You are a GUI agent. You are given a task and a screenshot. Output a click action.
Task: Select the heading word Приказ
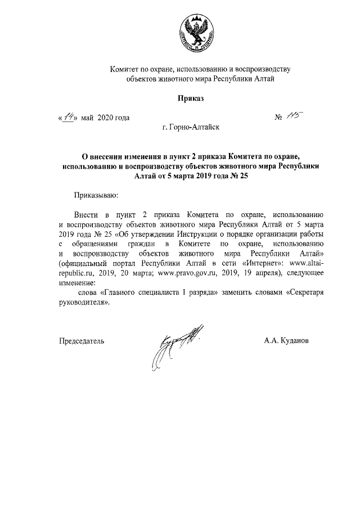click(x=190, y=98)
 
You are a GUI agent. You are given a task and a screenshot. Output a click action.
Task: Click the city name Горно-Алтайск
click(x=195, y=128)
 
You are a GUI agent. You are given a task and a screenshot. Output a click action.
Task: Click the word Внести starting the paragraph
click(x=85, y=215)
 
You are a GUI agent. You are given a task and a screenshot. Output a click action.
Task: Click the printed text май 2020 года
click(x=105, y=118)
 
